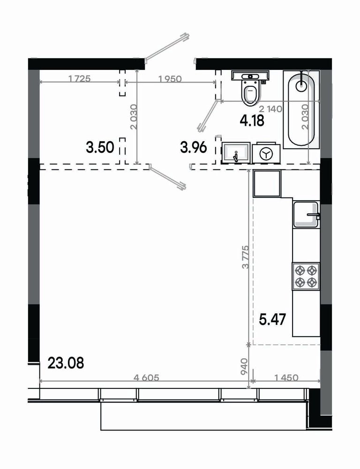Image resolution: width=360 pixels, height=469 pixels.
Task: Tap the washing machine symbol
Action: pyautogui.click(x=266, y=154)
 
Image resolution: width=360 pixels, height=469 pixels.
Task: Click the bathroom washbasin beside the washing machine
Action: pyautogui.click(x=236, y=153)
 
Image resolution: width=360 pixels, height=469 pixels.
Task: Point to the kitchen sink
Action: pyautogui.click(x=306, y=214)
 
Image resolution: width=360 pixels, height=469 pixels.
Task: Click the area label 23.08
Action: pyautogui.click(x=66, y=363)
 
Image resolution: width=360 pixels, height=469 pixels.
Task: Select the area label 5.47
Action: pyautogui.click(x=272, y=319)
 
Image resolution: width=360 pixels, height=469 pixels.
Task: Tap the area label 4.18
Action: pyautogui.click(x=252, y=121)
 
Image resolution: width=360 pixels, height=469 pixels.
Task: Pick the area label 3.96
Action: pyautogui.click(x=194, y=147)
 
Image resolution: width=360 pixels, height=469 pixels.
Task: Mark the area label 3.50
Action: pyautogui.click(x=100, y=147)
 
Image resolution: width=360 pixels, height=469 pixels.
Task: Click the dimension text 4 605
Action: pyautogui.click(x=147, y=378)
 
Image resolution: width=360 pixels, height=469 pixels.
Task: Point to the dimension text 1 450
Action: pyautogui.click(x=286, y=378)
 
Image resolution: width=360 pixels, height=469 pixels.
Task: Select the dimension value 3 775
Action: pyautogui.click(x=246, y=257)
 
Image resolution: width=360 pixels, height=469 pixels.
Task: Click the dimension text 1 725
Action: pyautogui.click(x=80, y=79)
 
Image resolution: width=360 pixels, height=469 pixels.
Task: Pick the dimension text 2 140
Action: pyautogui.click(x=270, y=109)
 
